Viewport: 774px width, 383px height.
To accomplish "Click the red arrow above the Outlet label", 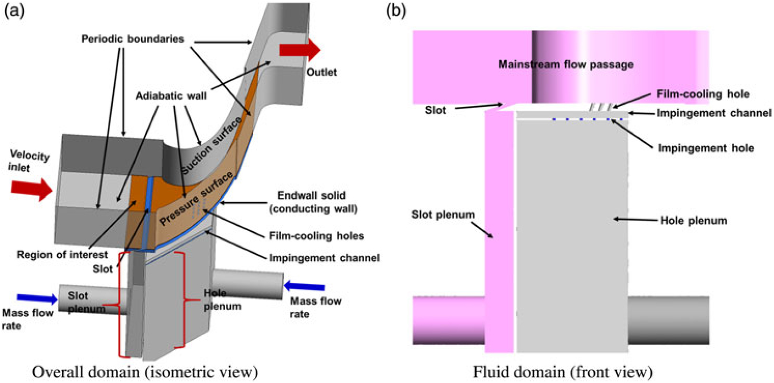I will pos(299,50).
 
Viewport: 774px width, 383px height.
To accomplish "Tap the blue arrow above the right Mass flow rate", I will pos(304,286).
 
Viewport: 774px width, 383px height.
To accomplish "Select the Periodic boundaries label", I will pos(132,39).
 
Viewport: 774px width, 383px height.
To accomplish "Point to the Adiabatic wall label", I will pos(171,96).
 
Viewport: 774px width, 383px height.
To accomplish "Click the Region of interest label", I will pos(62,255).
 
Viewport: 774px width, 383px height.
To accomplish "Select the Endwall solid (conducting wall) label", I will pos(312,202).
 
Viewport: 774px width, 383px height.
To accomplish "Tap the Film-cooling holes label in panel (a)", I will pos(316,236).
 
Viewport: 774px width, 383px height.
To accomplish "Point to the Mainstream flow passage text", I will pos(565,65).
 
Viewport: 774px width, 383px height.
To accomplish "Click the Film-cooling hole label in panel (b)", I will pos(702,94).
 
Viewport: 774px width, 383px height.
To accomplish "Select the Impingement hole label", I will pos(705,148).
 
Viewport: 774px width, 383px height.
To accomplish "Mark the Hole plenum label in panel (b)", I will pos(693,221).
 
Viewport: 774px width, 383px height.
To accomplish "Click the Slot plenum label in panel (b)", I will pos(442,215).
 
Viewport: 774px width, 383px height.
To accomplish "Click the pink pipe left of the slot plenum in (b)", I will pos(448,320).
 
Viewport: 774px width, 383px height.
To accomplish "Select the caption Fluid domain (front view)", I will pos(562,372).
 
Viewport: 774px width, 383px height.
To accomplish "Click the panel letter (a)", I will pos(14,10).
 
